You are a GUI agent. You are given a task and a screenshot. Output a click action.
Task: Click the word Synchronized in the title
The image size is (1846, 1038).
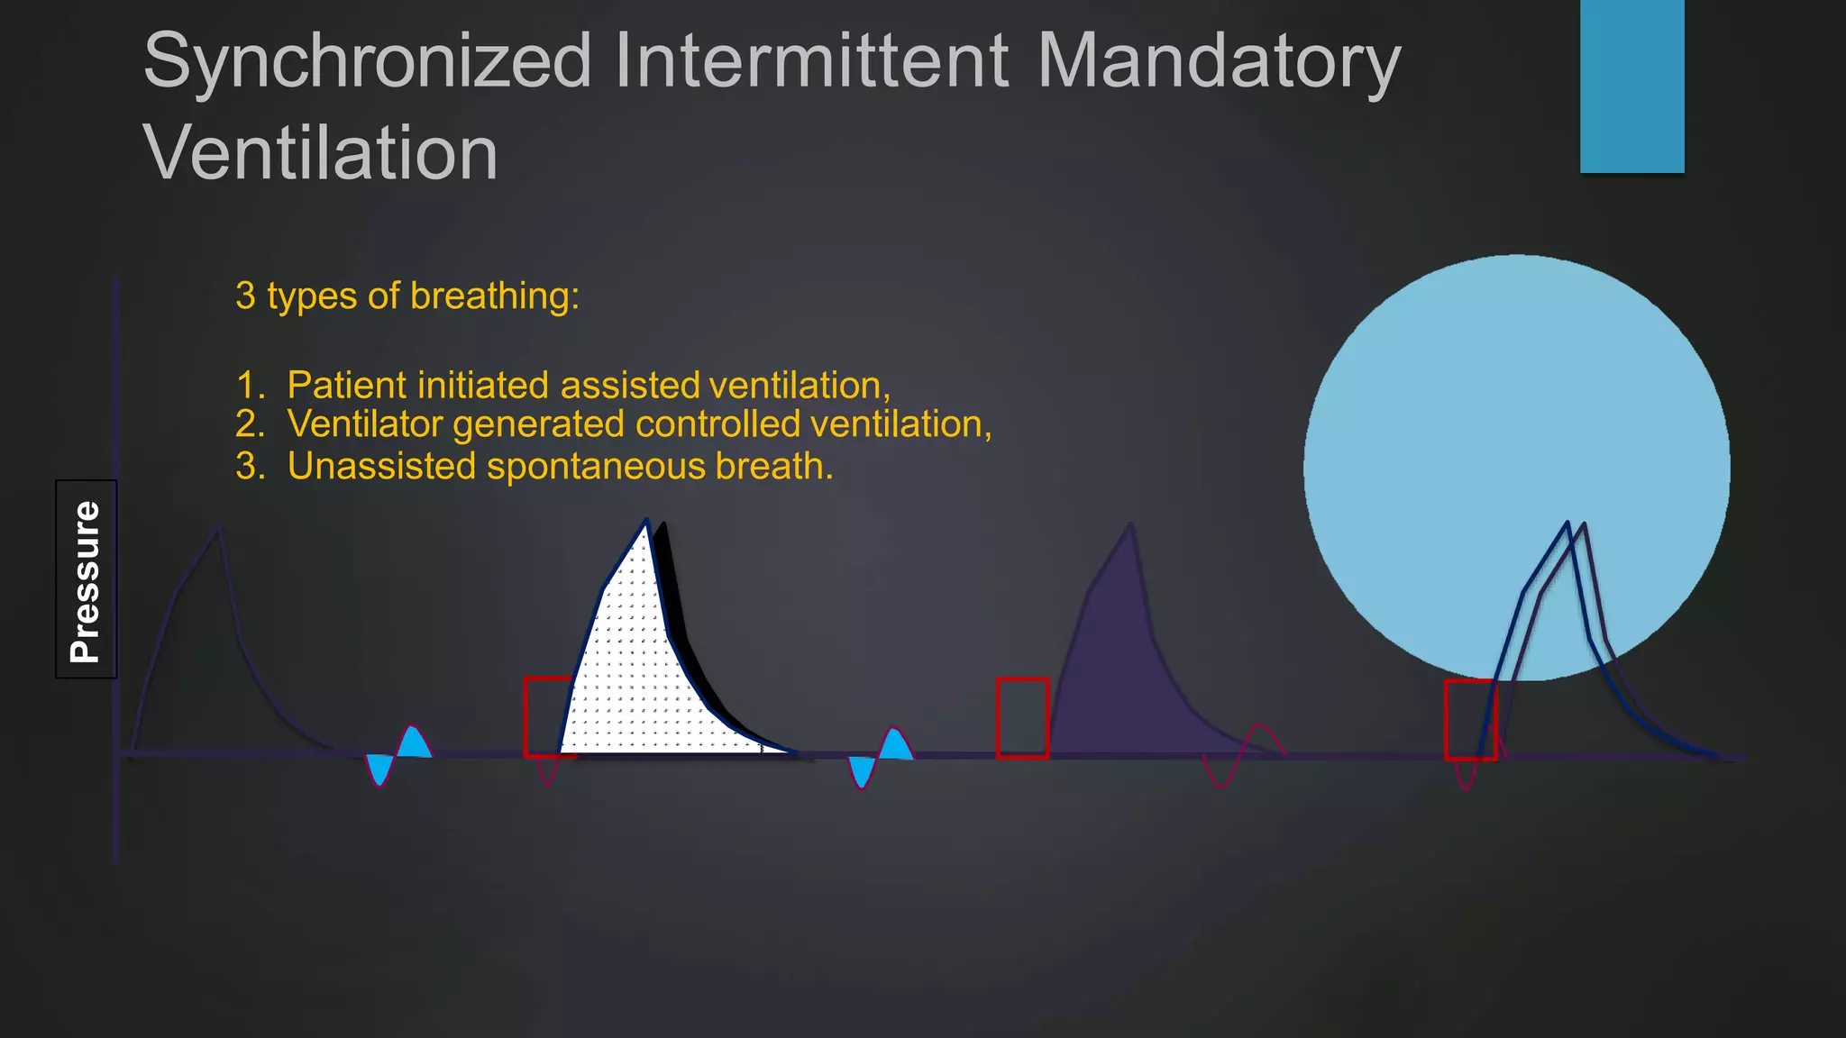coord(367,61)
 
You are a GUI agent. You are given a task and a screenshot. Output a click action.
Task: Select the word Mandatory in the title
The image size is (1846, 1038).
coord(1219,61)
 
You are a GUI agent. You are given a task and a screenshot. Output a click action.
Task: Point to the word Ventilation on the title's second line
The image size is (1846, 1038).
coord(320,153)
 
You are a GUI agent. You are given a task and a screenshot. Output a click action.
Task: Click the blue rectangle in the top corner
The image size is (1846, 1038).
coord(1631,86)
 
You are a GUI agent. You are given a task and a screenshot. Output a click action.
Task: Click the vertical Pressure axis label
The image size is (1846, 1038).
coord(86,579)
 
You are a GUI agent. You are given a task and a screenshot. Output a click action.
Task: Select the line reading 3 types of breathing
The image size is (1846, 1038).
coord(407,296)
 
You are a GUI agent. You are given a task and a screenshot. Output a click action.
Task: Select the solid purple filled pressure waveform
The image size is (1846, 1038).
coord(1127,676)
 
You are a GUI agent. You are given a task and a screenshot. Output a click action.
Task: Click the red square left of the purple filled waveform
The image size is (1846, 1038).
coord(1022,718)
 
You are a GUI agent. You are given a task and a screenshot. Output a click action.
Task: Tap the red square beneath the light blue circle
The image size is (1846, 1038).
coord(1470,720)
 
